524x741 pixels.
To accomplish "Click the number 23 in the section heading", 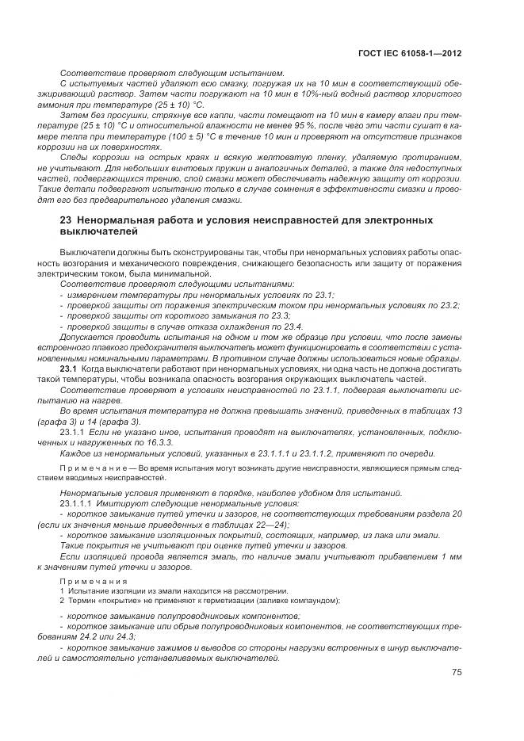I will pos(67,219).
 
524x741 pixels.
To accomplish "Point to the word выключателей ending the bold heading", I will pos(100,231).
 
